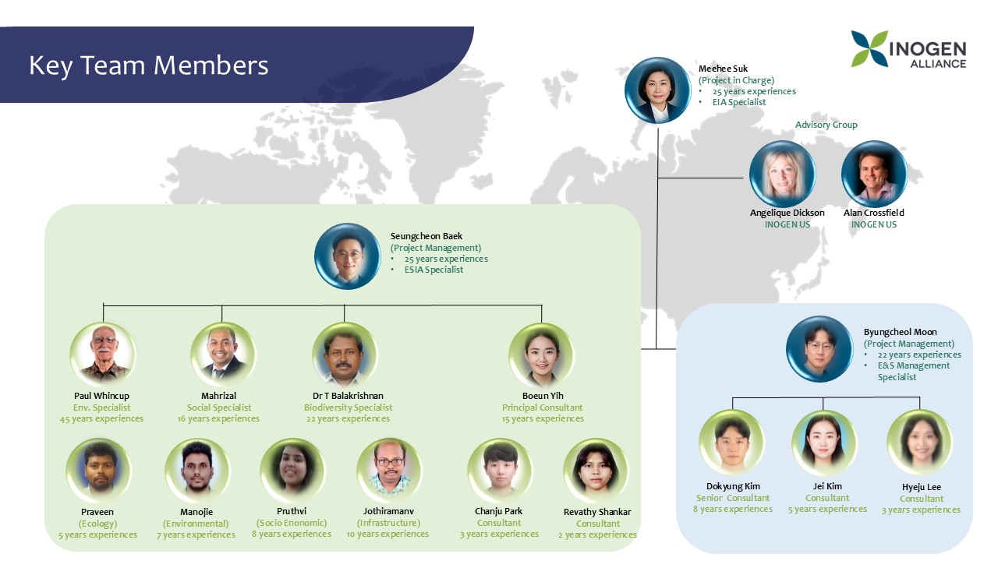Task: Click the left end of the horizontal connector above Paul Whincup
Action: pyautogui.click(x=104, y=305)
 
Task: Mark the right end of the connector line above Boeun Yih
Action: pyautogui.click(x=542, y=305)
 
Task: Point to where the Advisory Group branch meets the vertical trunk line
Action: pyautogui.click(x=657, y=178)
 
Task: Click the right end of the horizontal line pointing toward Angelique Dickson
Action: pyautogui.click(x=743, y=178)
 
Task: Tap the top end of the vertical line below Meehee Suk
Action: pyautogui.click(x=657, y=129)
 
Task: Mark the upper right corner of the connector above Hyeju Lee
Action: pyautogui.click(x=919, y=397)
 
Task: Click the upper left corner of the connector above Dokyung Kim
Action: pyautogui.click(x=732, y=397)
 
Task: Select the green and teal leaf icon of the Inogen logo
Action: pyautogui.click(x=869, y=48)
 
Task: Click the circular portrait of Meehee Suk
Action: pyautogui.click(x=657, y=90)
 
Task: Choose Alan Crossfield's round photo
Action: pyautogui.click(x=874, y=174)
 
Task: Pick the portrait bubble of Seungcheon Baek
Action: pyautogui.click(x=348, y=256)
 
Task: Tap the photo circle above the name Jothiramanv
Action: pyautogui.click(x=389, y=471)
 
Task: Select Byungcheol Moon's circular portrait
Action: pyautogui.click(x=819, y=349)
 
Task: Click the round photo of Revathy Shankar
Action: pyautogui.click(x=596, y=471)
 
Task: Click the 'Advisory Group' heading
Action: pyautogui.click(x=826, y=125)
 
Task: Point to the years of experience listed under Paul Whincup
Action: pyautogui.click(x=101, y=418)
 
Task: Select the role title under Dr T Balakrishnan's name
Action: pyautogui.click(x=348, y=408)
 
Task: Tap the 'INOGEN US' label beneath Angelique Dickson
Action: pyautogui.click(x=787, y=224)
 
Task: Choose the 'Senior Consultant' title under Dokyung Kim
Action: pyautogui.click(x=733, y=498)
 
